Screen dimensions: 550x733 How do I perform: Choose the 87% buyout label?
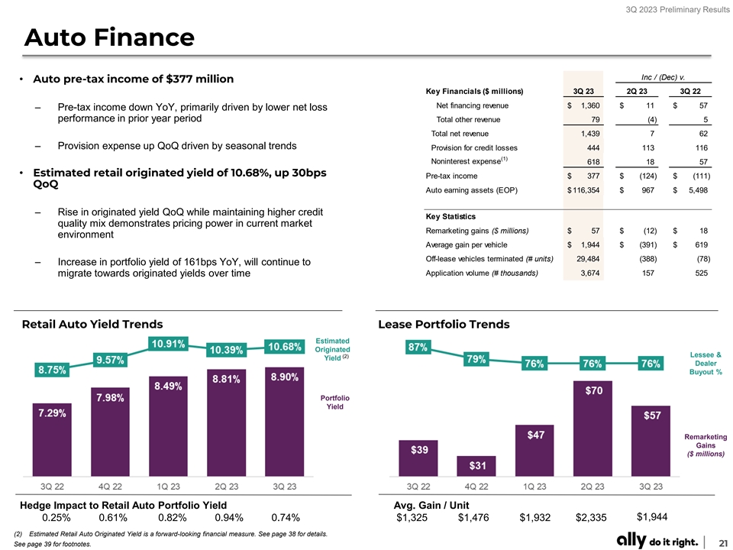pyautogui.click(x=418, y=347)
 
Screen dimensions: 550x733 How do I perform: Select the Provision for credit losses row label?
pyautogui.click(x=474, y=147)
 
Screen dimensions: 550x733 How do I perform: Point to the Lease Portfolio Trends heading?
pyautogui.click(x=444, y=325)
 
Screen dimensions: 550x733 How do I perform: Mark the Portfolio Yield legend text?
pyautogui.click(x=335, y=403)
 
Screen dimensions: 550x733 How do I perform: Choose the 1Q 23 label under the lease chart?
pyautogui.click(x=534, y=487)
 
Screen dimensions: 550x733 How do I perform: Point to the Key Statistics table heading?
pyautogui.click(x=450, y=217)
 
